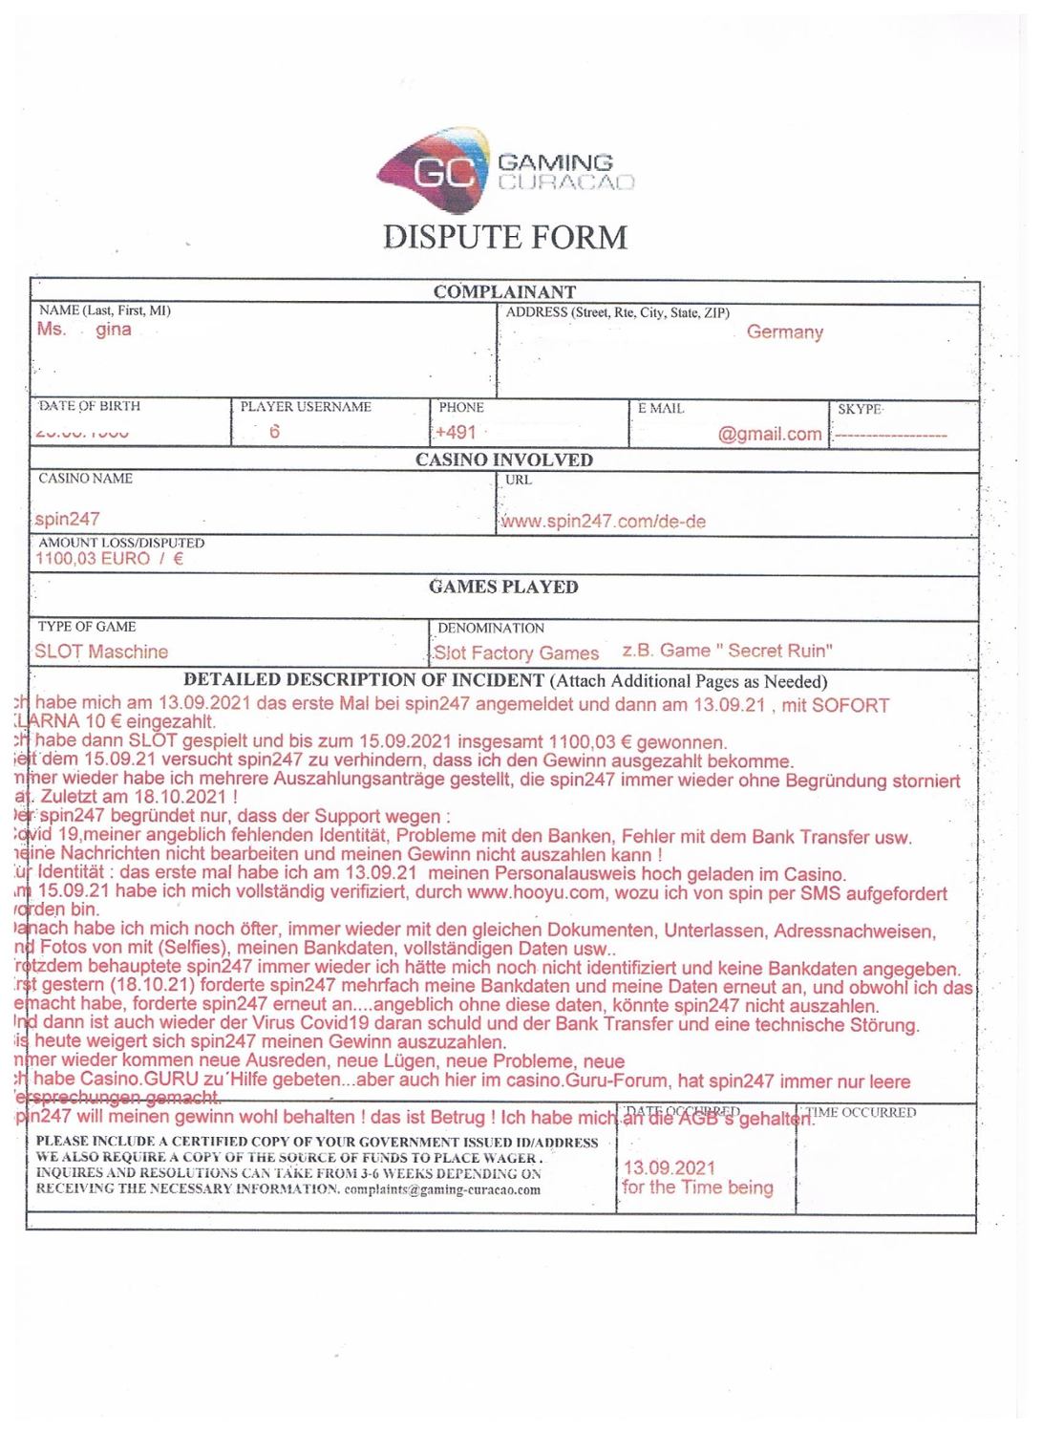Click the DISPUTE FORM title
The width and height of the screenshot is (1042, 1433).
point(505,237)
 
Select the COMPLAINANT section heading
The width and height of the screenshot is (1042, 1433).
point(504,291)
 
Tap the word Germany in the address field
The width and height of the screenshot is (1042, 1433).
point(784,332)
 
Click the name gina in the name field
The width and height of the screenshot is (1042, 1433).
point(114,330)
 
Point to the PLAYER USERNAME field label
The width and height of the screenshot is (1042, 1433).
point(306,407)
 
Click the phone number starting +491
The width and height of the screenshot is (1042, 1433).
point(456,432)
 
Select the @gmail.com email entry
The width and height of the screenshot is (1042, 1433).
point(769,434)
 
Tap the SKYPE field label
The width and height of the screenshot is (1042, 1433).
point(860,409)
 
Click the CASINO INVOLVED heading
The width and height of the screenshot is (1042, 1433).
point(503,460)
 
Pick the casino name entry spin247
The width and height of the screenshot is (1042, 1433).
point(68,519)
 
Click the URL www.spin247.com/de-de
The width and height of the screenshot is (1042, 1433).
point(604,522)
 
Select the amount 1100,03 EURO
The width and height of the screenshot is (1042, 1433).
point(93,559)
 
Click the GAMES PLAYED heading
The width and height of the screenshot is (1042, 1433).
point(503,587)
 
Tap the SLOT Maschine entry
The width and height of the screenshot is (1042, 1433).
point(101,652)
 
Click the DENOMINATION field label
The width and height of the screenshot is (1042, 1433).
point(491,628)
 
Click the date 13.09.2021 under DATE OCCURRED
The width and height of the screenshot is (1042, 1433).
point(669,1167)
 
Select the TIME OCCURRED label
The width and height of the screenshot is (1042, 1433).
point(861,1113)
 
